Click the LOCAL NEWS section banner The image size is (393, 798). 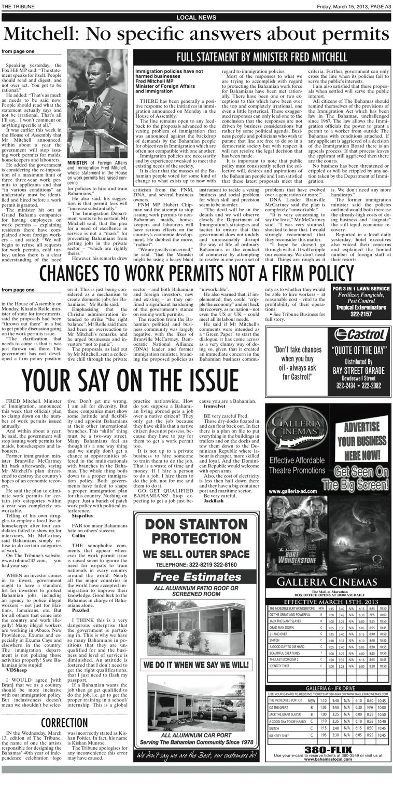tap(196, 17)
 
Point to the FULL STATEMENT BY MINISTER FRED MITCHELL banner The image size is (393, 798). tap(261, 57)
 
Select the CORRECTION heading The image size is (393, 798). tap(64, 723)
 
